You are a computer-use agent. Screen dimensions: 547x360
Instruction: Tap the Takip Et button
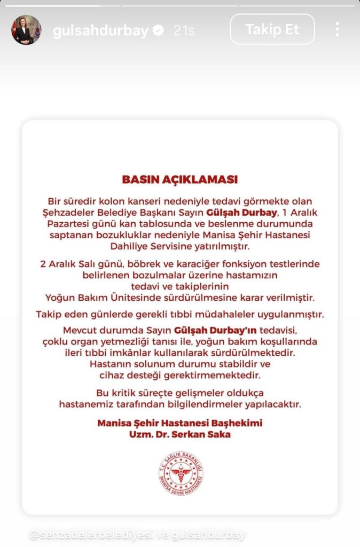click(x=272, y=29)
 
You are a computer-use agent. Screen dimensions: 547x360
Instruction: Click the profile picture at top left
click(x=26, y=30)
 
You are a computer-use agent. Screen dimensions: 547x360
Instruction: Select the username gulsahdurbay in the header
click(x=100, y=30)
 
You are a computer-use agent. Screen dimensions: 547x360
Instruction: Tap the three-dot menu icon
click(x=338, y=29)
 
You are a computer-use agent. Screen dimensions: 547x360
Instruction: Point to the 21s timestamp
click(x=184, y=30)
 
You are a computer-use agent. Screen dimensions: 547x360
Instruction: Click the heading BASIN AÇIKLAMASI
click(x=180, y=179)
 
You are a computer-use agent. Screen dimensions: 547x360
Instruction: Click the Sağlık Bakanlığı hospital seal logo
click(x=181, y=472)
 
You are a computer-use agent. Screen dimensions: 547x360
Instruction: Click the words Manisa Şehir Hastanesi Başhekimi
click(x=180, y=423)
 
